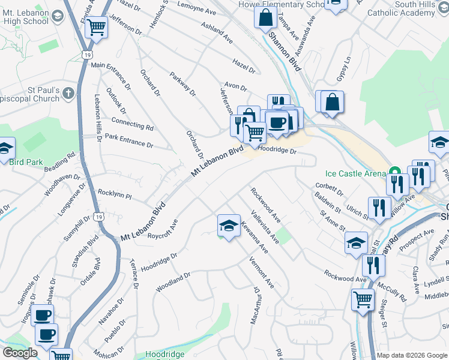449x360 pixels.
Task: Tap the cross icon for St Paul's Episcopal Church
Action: coord(68,93)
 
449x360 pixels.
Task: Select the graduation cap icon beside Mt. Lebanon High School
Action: coord(58,16)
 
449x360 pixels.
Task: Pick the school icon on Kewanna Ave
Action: coord(228,226)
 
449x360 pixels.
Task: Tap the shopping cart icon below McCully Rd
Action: coord(363,299)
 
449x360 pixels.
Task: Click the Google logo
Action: coord(20,353)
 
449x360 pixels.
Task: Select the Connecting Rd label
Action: coord(133,125)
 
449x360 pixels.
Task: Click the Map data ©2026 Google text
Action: coord(412,355)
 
